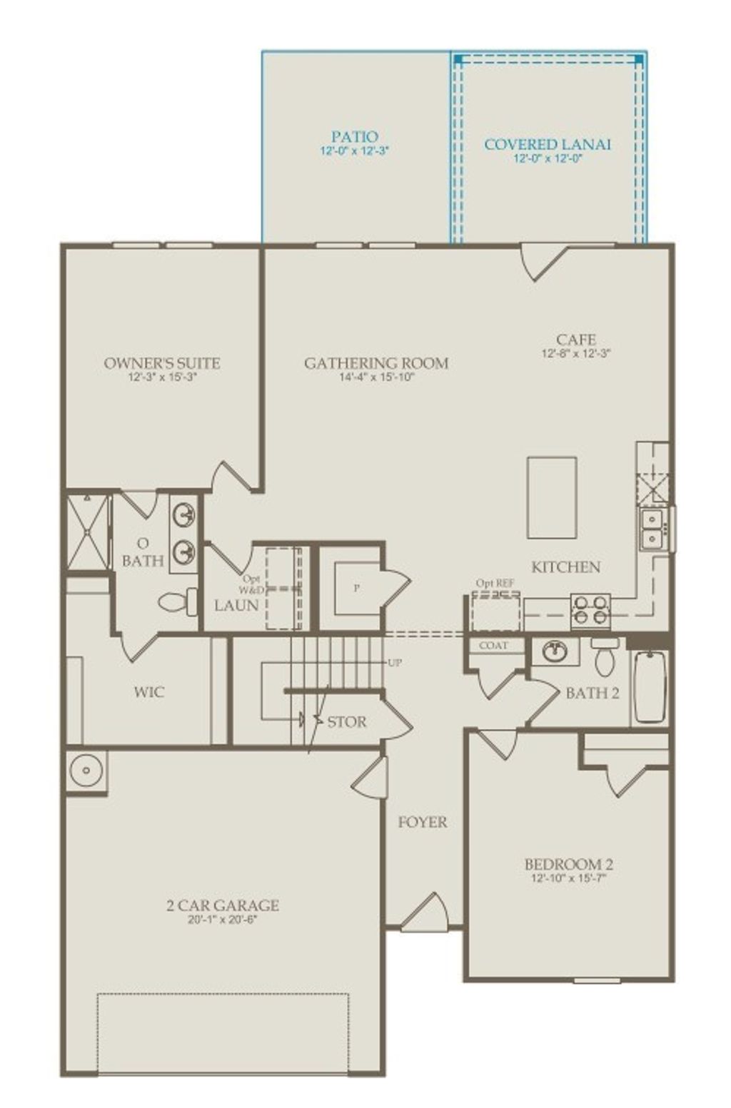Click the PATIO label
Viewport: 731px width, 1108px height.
click(354, 136)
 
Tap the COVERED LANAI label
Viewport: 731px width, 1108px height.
click(548, 144)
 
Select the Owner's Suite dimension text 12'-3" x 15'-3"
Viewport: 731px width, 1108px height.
click(162, 377)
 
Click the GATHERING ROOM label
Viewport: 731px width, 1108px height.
click(376, 363)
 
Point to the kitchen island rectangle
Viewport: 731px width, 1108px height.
click(552, 497)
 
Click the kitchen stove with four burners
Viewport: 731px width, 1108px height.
click(590, 611)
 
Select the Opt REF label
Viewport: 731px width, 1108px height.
click(495, 584)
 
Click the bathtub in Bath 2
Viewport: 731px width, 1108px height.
click(650, 686)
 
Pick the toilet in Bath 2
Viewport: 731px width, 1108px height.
click(605, 657)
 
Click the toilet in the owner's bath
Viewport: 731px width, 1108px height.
click(178, 601)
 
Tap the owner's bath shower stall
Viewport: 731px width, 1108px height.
click(87, 532)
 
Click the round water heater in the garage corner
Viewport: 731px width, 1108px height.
click(86, 771)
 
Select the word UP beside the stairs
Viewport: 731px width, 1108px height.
click(394, 663)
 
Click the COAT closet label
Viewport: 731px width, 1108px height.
click(493, 646)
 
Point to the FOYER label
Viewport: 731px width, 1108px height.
click(423, 822)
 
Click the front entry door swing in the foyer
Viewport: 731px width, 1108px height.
click(426, 913)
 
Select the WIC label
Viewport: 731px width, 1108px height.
click(148, 692)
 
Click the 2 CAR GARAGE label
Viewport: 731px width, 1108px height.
click(222, 905)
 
